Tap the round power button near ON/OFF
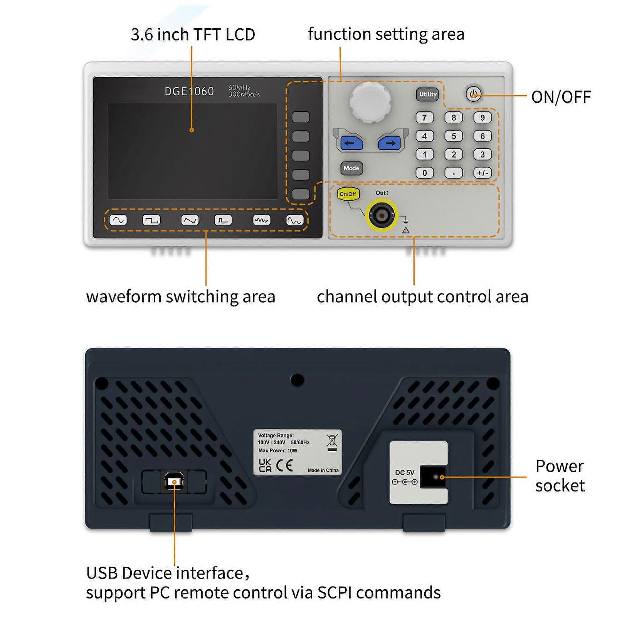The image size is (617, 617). point(473,94)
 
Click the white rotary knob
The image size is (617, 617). point(370,103)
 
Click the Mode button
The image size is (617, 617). point(351,168)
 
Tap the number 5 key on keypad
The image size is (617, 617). point(454,136)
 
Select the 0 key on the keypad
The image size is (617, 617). point(425,173)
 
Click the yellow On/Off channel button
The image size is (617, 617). point(348,194)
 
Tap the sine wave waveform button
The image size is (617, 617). point(118,220)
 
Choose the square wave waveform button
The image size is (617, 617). point(151,220)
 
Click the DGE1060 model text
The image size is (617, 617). point(189,91)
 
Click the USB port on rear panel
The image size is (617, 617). point(174,482)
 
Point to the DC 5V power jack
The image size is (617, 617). point(434,477)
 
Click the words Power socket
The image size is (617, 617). point(560,476)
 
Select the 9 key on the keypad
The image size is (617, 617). point(482,118)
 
